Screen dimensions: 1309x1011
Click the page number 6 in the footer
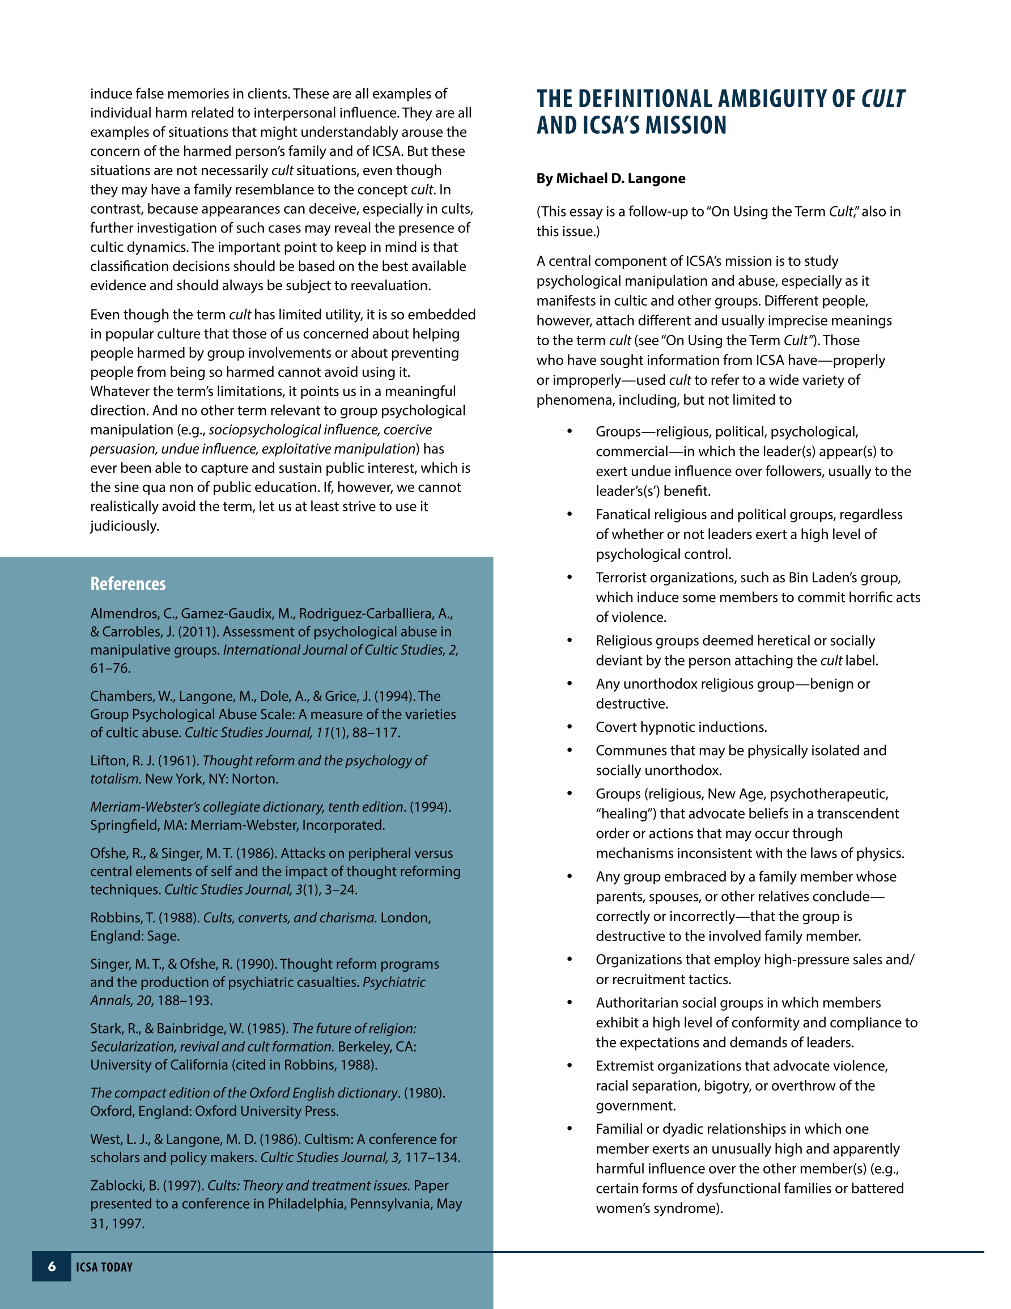tap(52, 1266)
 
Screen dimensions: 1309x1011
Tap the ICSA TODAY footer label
tap(104, 1267)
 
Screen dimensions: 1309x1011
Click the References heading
tap(128, 584)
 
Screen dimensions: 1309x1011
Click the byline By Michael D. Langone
tap(611, 178)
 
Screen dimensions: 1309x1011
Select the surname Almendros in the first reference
tap(124, 614)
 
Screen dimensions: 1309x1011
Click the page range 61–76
tap(111, 668)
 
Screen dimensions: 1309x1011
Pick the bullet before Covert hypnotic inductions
tap(570, 727)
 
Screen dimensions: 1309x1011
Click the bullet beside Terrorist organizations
tap(570, 577)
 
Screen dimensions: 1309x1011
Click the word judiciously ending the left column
tap(125, 526)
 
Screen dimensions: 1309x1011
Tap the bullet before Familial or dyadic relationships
tap(570, 1129)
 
